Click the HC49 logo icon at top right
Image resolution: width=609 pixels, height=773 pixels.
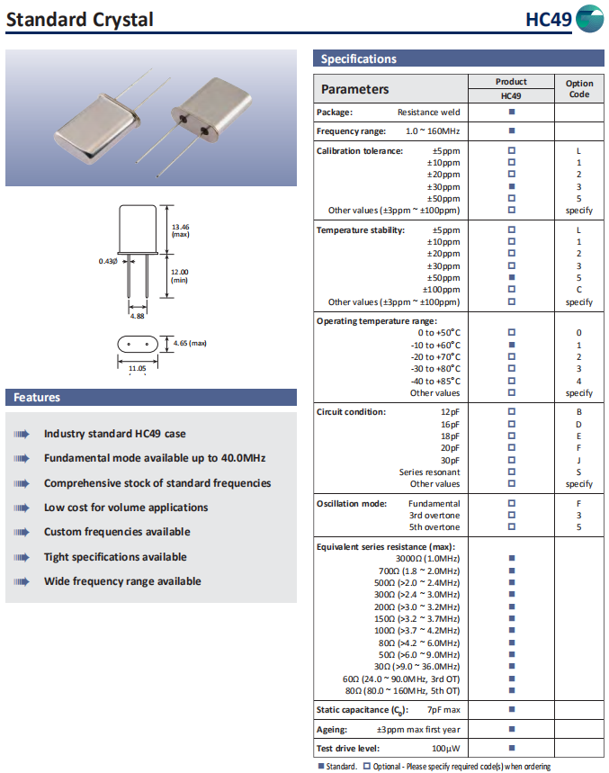[x=589, y=19]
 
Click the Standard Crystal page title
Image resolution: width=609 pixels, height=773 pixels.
[x=80, y=19]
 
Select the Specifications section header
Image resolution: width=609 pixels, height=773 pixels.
[x=359, y=59]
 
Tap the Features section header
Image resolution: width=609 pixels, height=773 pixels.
[x=37, y=398]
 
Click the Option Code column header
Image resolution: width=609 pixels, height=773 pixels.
[x=579, y=88]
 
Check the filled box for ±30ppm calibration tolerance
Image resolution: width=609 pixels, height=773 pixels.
[x=511, y=186]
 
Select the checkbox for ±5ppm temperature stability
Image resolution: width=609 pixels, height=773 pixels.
[x=511, y=229]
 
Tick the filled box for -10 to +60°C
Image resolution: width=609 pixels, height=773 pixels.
[x=511, y=345]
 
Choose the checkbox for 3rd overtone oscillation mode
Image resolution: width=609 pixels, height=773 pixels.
[x=511, y=516]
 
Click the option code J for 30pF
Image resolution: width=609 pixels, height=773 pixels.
[x=579, y=460]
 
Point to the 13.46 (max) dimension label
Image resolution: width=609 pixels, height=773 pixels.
[x=180, y=229]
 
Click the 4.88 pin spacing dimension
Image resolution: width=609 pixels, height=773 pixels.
[x=137, y=316]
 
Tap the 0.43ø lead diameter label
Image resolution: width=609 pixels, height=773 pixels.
[x=108, y=261]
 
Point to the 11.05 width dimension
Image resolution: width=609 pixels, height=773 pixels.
[x=137, y=367]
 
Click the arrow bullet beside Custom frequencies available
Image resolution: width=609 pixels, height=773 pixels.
[x=22, y=533]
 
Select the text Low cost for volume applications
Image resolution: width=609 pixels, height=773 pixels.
[x=126, y=508]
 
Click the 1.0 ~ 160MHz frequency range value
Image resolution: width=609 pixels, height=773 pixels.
[x=433, y=131]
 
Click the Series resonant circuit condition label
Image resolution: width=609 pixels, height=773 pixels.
[x=429, y=472]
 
